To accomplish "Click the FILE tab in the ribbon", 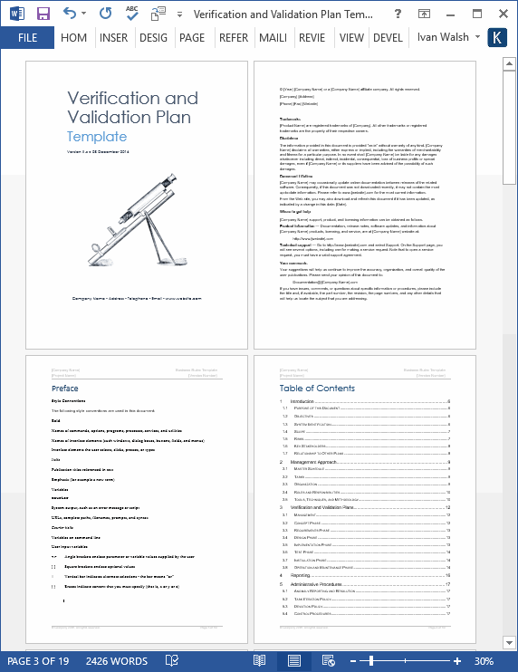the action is pyautogui.click(x=27, y=38).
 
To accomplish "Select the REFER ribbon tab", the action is pyautogui.click(x=233, y=38).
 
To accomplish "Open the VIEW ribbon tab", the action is pyautogui.click(x=351, y=38).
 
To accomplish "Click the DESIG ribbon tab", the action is pyautogui.click(x=153, y=38).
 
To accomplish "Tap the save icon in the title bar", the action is pyautogui.click(x=43, y=14).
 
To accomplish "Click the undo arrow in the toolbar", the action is pyautogui.click(x=71, y=14).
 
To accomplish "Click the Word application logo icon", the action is pyautogui.click(x=16, y=14).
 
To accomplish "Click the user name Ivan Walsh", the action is pyautogui.click(x=443, y=38).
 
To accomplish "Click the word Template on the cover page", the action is pyautogui.click(x=96, y=137).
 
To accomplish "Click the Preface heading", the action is pyautogui.click(x=65, y=389).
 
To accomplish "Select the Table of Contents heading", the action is pyautogui.click(x=317, y=389).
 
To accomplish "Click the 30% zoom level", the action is pyautogui.click(x=484, y=661).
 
